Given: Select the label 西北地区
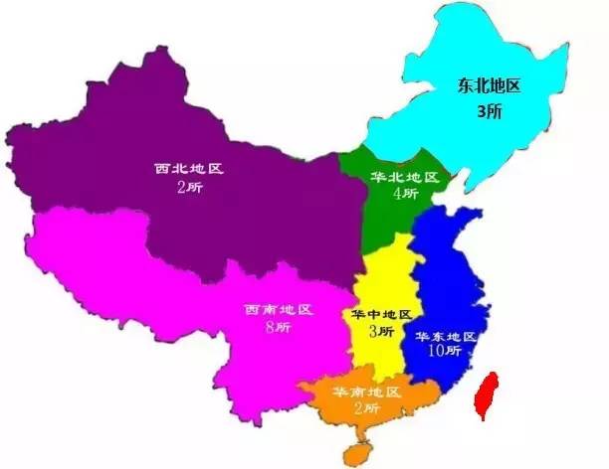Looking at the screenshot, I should tap(189, 169).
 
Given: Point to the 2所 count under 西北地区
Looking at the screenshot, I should tap(189, 188).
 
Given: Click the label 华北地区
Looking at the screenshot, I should tap(404, 178).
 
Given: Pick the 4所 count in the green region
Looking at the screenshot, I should tap(404, 195).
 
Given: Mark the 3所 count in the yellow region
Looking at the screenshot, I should tap(380, 331).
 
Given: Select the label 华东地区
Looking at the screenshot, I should tap(447, 337).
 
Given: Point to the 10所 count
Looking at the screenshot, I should tap(445, 352).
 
